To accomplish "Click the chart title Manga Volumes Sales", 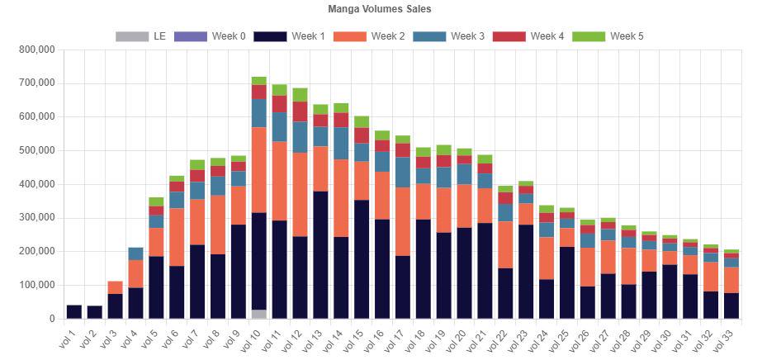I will pyautogui.click(x=390, y=9).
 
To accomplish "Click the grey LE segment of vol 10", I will pyautogui.click(x=258, y=314).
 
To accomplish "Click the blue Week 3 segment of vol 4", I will pyautogui.click(x=135, y=253).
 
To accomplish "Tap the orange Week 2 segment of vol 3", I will pyautogui.click(x=115, y=287).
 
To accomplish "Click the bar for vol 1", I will pyautogui.click(x=73, y=312).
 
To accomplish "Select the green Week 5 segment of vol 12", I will pyautogui.click(x=300, y=94).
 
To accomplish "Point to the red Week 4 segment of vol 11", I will pyautogui.click(x=279, y=103).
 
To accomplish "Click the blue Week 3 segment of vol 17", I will pyautogui.click(x=402, y=172).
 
